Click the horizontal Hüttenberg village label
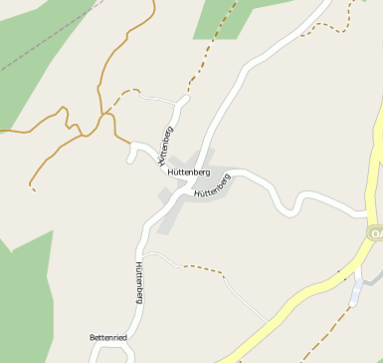(189, 173)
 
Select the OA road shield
(376, 232)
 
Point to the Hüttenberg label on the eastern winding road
(213, 185)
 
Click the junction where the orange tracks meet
(103, 114)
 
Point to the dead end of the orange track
(33, 187)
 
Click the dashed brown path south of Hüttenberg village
(204, 268)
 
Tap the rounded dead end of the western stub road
(130, 156)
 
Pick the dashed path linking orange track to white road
(124, 94)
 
